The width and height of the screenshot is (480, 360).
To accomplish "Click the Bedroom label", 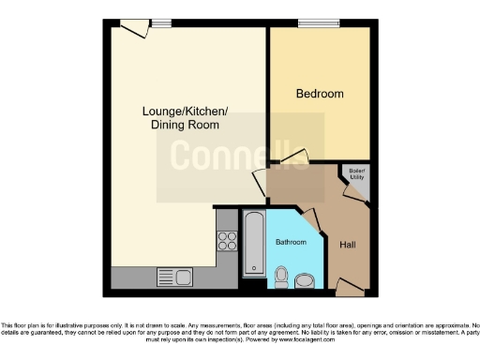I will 320,94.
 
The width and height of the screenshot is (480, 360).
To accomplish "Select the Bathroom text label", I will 291,242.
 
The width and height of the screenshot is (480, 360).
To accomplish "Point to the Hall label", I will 347,245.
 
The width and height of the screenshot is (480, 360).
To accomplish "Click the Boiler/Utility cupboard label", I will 357,172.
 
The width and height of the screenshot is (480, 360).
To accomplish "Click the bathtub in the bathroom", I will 254,242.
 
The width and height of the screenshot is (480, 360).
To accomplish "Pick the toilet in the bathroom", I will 282,275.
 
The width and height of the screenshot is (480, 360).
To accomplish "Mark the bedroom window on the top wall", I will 311,23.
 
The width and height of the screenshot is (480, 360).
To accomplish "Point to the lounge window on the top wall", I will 161,23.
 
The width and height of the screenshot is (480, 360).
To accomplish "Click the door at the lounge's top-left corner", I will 135,29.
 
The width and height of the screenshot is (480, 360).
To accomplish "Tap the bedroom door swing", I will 292,158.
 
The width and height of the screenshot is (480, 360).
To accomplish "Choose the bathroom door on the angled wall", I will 314,221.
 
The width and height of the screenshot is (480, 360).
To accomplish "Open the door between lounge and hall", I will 262,182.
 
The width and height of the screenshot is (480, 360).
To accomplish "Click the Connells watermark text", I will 240,156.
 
